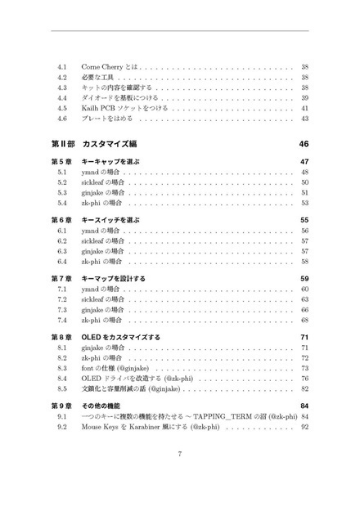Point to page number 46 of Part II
304,143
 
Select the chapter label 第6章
61,220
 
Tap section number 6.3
63,252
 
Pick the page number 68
304,321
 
